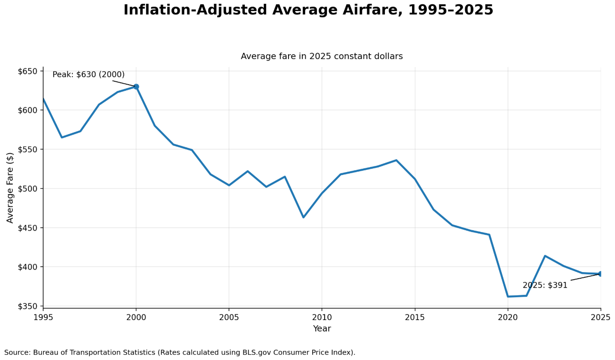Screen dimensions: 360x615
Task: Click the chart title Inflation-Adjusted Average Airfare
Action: (x=308, y=10)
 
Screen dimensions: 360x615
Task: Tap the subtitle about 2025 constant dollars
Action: (x=321, y=57)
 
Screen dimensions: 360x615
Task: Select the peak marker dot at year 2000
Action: (x=136, y=87)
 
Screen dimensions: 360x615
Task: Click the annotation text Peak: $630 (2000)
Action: (x=88, y=75)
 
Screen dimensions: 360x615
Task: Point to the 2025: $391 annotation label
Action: (x=545, y=285)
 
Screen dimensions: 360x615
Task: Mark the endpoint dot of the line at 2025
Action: (x=601, y=274)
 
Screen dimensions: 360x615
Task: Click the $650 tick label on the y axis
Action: (x=28, y=71)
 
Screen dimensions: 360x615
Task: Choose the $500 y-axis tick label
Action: (x=28, y=189)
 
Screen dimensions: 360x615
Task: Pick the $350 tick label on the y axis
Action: (x=28, y=306)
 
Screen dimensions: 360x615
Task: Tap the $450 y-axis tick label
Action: (x=28, y=228)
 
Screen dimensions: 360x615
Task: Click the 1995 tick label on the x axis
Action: (x=43, y=317)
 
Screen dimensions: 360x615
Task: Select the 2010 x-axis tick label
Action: (x=322, y=317)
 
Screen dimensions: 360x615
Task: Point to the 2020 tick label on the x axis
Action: (x=508, y=317)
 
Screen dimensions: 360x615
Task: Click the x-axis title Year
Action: (x=322, y=329)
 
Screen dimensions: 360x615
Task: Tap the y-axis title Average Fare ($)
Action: (x=10, y=187)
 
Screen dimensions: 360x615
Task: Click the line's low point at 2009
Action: (x=303, y=217)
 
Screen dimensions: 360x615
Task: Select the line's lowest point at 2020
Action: (x=508, y=296)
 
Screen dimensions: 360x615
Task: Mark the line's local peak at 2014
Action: (x=396, y=160)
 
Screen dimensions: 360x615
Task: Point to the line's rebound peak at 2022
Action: (x=545, y=256)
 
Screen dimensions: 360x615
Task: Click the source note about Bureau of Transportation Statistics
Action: (x=180, y=353)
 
